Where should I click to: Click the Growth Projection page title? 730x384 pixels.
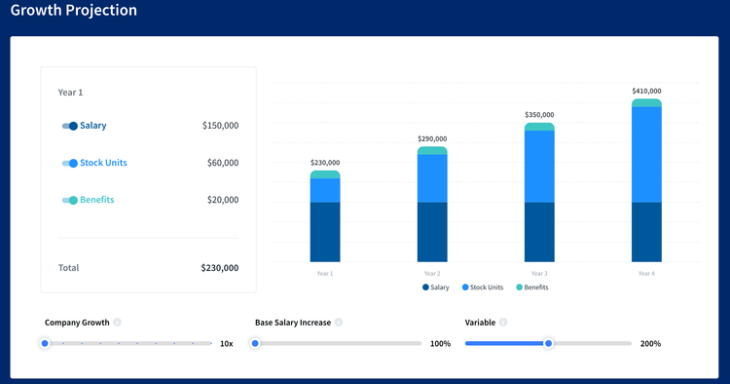click(x=73, y=11)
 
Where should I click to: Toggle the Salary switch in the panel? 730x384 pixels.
click(x=69, y=126)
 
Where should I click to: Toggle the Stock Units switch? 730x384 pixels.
click(x=69, y=163)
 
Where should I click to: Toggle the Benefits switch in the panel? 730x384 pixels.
click(x=69, y=200)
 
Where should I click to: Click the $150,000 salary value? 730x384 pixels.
click(x=220, y=126)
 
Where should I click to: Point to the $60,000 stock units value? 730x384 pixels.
click(x=222, y=163)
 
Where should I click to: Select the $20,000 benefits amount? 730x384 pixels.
click(x=222, y=200)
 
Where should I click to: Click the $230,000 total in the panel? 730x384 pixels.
click(x=219, y=267)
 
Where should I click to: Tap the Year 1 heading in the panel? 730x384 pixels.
click(x=71, y=92)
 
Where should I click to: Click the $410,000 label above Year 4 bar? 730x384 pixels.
click(x=646, y=91)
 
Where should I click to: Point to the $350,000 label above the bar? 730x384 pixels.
click(x=539, y=115)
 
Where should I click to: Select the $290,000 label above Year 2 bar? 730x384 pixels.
click(x=432, y=138)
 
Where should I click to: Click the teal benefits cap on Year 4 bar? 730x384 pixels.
click(x=646, y=102)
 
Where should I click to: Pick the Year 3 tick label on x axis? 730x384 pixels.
click(x=539, y=274)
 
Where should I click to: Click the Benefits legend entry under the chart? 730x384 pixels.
click(x=532, y=288)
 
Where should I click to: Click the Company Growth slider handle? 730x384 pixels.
click(x=45, y=343)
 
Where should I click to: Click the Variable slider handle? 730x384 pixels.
click(x=549, y=343)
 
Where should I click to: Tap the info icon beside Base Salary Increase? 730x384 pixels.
click(x=339, y=322)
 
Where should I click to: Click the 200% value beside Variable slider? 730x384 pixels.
click(x=650, y=344)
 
